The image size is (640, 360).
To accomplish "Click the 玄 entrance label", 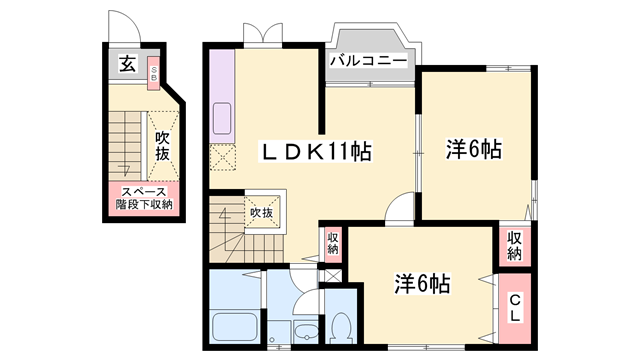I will (x=128, y=66).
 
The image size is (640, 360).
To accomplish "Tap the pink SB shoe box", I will (x=153, y=72).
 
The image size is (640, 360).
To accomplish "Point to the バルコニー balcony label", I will (x=369, y=61).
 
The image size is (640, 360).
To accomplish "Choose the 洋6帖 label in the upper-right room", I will (x=472, y=150).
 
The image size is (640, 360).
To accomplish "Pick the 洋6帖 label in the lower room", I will (x=420, y=283).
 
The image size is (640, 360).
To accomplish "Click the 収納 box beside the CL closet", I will (x=514, y=246).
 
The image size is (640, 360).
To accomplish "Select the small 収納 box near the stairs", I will (x=332, y=243).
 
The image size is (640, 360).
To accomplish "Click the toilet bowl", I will (x=341, y=326).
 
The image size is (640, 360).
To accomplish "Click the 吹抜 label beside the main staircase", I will (x=262, y=213).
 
